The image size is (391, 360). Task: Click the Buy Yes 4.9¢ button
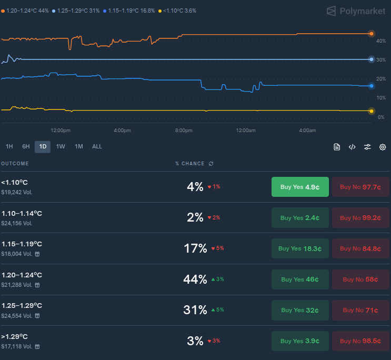point(300,187)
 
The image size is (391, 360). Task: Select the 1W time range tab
point(61,147)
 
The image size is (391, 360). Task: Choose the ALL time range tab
point(97,147)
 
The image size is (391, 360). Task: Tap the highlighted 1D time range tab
point(43,147)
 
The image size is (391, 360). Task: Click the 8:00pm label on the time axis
point(184,131)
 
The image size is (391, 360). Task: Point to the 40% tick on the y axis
point(381,41)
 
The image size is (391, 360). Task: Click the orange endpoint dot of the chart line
point(372,34)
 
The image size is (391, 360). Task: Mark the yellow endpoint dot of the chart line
point(372,111)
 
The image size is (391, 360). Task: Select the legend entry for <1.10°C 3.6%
point(177,11)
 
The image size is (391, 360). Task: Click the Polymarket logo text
point(363,11)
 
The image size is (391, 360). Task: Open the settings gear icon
point(383,147)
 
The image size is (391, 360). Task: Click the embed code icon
point(352,147)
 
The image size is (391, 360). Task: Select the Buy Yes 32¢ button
point(300,310)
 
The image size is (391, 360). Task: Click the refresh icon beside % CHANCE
point(211,164)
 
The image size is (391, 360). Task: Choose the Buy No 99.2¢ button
point(360,217)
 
